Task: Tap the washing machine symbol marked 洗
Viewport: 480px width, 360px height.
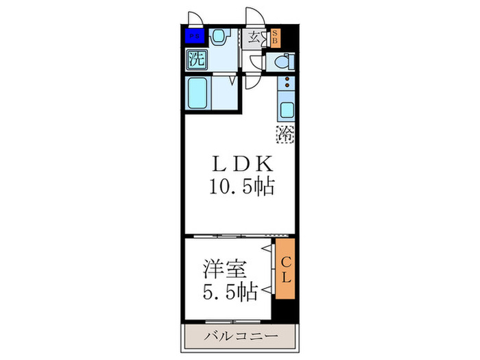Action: click(x=196, y=59)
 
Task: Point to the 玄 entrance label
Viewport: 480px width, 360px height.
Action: click(x=254, y=36)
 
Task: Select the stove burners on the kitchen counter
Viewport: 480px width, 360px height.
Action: click(x=285, y=86)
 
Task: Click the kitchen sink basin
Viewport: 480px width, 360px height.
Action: click(x=285, y=108)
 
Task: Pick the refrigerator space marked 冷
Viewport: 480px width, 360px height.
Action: click(x=285, y=134)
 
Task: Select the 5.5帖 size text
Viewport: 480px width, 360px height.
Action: click(x=229, y=292)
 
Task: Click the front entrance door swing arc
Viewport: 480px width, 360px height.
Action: click(x=255, y=16)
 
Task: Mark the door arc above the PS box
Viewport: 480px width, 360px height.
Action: click(x=195, y=19)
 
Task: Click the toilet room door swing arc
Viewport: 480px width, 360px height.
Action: click(x=256, y=62)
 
